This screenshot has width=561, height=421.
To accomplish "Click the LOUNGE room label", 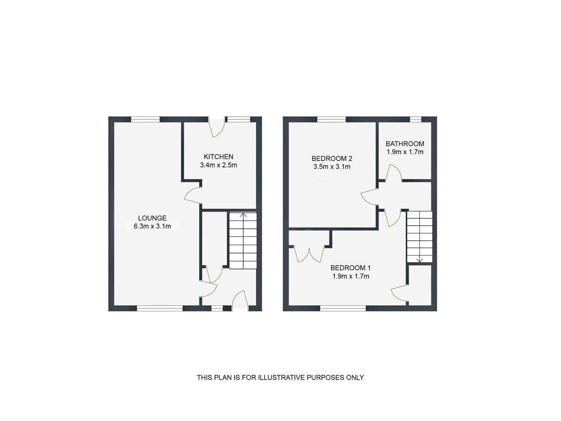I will click(152, 218).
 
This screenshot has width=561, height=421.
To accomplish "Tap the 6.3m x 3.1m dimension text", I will click(152, 227).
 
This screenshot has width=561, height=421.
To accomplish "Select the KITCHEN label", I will click(218, 157).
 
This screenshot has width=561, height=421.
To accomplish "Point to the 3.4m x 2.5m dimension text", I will click(218, 165).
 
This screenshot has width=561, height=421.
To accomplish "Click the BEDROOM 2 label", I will click(332, 159).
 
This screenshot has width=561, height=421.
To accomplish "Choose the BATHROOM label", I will click(405, 144).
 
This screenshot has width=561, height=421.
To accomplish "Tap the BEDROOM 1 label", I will click(351, 268).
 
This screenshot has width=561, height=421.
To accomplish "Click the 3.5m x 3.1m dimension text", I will click(332, 167).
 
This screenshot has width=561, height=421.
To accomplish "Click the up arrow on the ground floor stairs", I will click(243, 215).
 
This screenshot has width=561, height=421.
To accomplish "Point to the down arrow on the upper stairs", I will click(420, 260).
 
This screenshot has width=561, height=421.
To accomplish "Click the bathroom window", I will click(415, 120).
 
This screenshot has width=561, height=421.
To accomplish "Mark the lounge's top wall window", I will click(146, 120).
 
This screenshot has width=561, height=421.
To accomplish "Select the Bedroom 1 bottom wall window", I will click(343, 308).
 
